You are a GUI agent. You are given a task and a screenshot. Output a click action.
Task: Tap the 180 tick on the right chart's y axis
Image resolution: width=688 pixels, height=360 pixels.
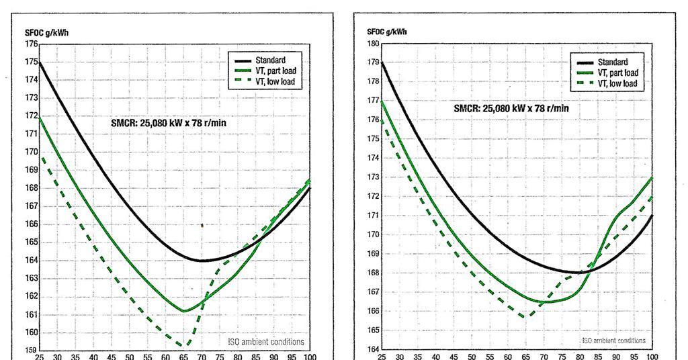pyautogui.click(x=374, y=44)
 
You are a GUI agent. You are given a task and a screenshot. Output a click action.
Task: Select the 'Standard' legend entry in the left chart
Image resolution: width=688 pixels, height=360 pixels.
pyautogui.click(x=270, y=60)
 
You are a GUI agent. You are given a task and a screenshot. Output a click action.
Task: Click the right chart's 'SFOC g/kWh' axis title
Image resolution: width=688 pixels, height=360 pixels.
pyautogui.click(x=386, y=32)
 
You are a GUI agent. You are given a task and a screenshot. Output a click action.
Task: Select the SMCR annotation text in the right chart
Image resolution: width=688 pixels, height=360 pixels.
pyautogui.click(x=511, y=108)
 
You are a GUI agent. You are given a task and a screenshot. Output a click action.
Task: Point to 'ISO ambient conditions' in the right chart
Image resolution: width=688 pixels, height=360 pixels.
pyautogui.click(x=613, y=341)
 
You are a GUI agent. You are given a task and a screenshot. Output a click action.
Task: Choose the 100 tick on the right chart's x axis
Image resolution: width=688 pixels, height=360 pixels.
pyautogui.click(x=652, y=357)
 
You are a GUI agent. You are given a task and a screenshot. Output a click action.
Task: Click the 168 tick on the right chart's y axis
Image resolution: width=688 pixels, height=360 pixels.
pyautogui.click(x=374, y=273)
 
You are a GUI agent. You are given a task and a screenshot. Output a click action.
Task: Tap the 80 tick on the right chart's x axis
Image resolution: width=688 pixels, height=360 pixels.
pyautogui.click(x=580, y=357)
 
